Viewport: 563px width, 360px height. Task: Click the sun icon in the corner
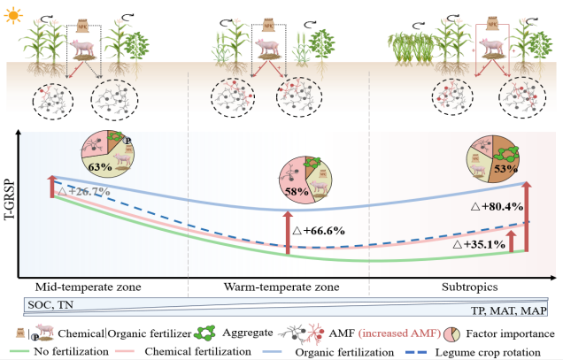click(12, 14)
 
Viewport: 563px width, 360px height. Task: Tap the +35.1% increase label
click(479, 244)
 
